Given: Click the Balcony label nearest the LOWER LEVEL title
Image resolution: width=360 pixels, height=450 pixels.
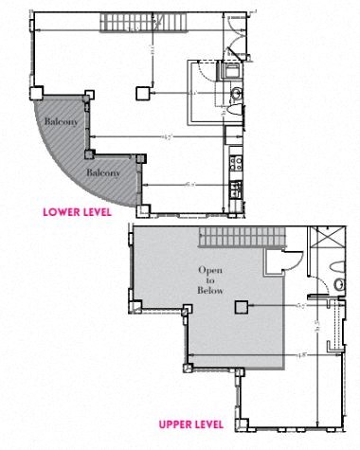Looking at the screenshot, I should click(102, 172).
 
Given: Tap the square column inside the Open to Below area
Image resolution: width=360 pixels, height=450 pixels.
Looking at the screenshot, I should click(242, 306).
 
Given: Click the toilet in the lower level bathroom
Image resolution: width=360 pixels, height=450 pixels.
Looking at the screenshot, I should click(233, 111).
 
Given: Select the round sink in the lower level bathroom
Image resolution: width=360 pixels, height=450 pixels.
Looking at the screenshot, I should click(235, 92).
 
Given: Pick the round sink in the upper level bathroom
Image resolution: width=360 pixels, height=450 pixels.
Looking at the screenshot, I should click(339, 284).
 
